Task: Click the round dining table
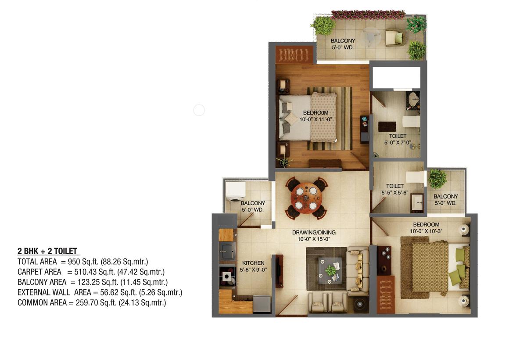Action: coord(306,198)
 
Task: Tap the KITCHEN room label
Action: coord(253,263)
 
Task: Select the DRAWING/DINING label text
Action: coord(314,232)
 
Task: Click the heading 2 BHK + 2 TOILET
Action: coord(47,252)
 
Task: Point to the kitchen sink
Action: coord(227,251)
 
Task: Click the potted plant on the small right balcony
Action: coord(437,179)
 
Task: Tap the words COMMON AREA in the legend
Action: coord(42,303)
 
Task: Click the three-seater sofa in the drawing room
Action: coord(358,271)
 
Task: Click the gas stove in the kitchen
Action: coord(227,276)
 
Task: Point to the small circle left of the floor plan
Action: coord(199,110)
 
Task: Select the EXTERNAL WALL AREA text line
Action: coord(100,292)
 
